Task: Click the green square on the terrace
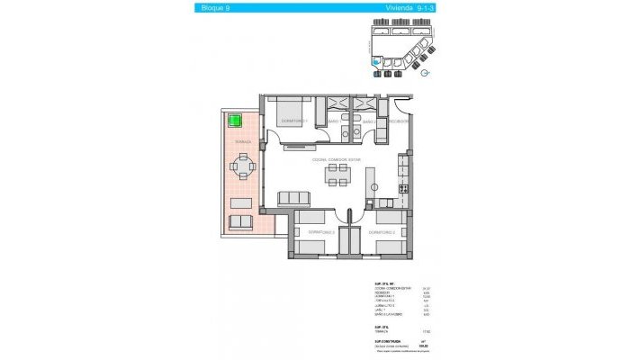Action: (237, 120)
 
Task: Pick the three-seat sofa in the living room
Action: (291, 197)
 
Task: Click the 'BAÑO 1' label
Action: (332, 121)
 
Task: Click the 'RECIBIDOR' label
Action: (400, 121)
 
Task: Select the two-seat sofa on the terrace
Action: (241, 221)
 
